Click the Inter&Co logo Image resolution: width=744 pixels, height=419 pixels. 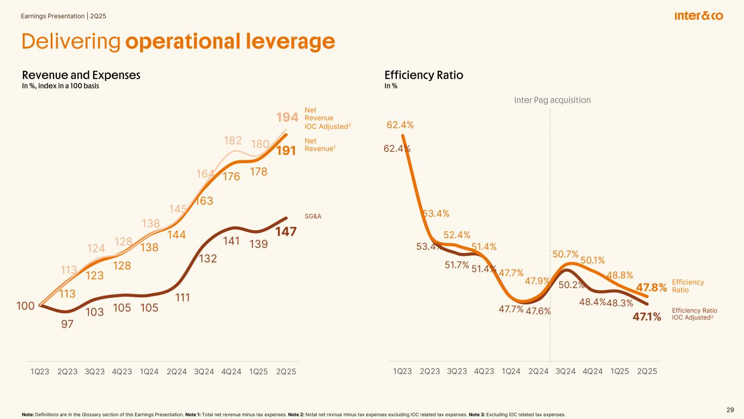[698, 16]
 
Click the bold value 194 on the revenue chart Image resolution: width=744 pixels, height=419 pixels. [287, 117]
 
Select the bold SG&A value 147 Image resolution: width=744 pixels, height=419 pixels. [286, 232]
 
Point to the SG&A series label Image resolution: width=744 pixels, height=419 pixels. [312, 216]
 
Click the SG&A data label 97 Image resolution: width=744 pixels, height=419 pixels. [68, 324]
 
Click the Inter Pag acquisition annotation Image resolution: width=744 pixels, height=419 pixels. [552, 100]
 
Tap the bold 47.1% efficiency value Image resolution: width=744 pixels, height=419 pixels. [646, 316]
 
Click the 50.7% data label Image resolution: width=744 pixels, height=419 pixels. [565, 254]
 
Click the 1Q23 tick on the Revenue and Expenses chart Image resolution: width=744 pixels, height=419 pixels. [40, 372]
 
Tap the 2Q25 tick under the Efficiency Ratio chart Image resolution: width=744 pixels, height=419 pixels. [647, 372]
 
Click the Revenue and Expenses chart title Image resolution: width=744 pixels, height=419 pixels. [81, 75]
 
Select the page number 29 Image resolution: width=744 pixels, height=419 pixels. [730, 410]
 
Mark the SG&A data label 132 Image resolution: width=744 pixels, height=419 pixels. [207, 258]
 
